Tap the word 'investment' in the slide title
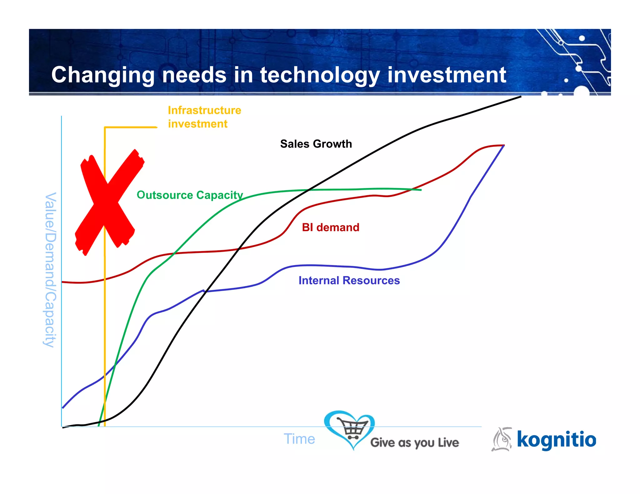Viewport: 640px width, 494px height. coord(447,75)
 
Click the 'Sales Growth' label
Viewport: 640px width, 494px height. coord(316,144)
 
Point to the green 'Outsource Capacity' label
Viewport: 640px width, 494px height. coord(190,195)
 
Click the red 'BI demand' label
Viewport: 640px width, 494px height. coord(330,227)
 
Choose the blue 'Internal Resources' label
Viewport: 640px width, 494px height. coord(349,280)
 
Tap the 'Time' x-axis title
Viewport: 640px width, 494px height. coord(299,439)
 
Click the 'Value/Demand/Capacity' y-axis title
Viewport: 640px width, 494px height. coord(50,270)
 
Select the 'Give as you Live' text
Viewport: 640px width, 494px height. coord(414,442)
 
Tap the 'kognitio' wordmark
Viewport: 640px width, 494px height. coord(556,439)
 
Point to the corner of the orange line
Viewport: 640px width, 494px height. coord(105,127)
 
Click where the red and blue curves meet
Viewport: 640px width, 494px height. coord(504,146)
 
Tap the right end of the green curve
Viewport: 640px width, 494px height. coord(421,190)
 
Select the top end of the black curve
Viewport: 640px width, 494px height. coord(521,97)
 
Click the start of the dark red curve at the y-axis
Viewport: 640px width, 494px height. coord(62,282)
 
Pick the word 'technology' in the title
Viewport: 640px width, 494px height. coord(320,75)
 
